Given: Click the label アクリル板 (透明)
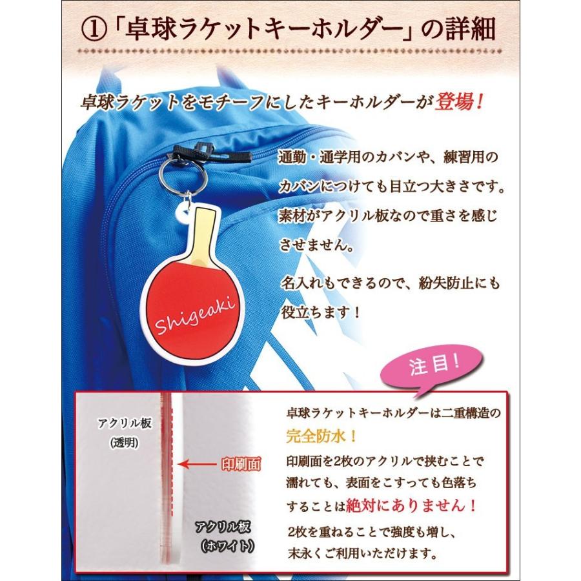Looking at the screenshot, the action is [125, 432].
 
